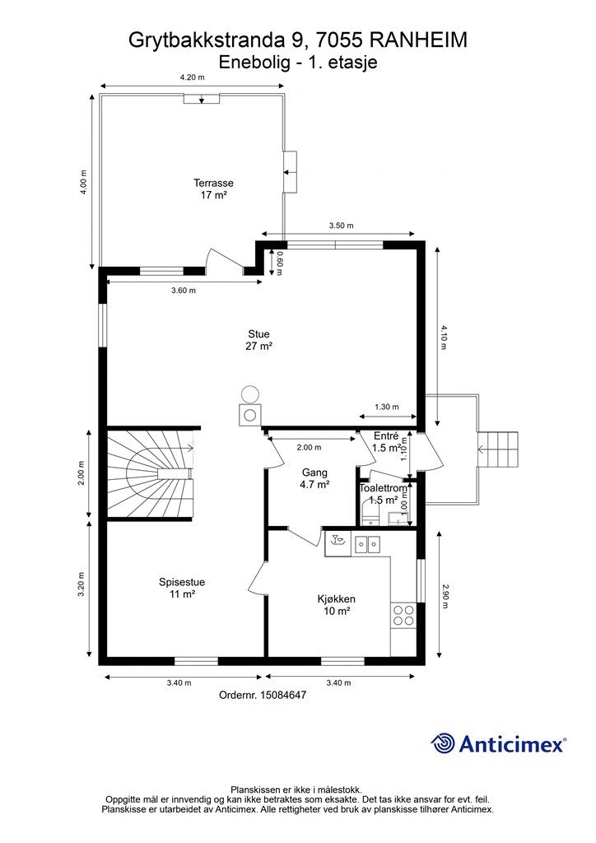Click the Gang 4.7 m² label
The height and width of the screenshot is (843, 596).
pos(315,478)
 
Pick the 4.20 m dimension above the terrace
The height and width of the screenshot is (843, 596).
pos(192,77)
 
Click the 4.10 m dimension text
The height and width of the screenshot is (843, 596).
pos(444,337)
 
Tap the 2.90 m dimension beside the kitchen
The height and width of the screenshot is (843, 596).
pos(445,596)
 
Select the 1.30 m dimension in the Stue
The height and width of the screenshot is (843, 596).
pos(387,407)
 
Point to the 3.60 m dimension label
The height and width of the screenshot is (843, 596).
pos(184,291)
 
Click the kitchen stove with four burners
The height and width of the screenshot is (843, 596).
pos(403,615)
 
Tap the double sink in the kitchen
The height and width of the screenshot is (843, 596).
pos(367,545)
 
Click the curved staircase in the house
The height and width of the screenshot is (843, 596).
pos(150,473)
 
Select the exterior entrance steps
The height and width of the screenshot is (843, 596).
pos(499,449)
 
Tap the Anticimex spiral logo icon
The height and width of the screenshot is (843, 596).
pos(442,743)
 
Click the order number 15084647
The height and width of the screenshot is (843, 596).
pos(283,695)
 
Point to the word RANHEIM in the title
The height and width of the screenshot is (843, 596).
pos(418,40)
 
